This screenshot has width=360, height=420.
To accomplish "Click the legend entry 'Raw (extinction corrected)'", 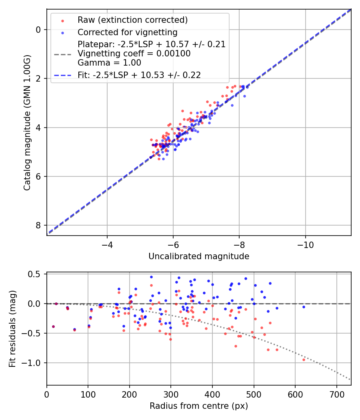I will tap(132, 20).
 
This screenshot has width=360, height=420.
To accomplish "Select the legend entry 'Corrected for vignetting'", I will tap(128, 32).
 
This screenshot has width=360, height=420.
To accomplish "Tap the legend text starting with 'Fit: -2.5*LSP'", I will tap(139, 75).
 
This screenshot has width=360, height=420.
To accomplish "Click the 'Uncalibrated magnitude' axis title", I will tap(199, 256).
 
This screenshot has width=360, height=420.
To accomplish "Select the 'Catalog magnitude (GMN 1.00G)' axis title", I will tap(27, 122).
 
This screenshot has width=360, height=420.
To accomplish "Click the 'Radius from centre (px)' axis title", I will tap(199, 406).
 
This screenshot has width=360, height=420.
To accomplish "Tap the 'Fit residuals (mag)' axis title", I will tap(12, 328).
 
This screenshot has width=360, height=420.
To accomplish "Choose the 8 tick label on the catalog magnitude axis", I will tap(38, 226).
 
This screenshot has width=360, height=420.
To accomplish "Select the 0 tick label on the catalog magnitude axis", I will tap(38, 30).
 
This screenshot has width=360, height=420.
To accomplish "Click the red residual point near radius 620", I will tap(304, 360).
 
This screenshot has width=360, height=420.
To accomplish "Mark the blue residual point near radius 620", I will tap(304, 307).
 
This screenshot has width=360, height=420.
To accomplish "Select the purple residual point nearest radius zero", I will tap(53, 326).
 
